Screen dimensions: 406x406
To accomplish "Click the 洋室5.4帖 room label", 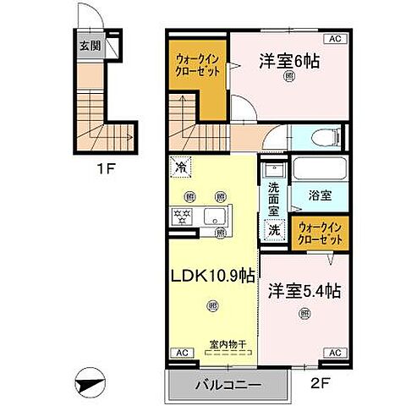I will click(304, 290).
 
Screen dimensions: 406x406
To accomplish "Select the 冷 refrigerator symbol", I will click(181, 167).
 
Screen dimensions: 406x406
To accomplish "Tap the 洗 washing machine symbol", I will click(274, 228).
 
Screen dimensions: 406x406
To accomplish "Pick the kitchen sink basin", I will click(213, 213).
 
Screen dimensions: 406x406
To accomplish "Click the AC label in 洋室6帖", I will click(333, 39).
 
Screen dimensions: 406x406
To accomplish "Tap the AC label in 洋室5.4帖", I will click(333, 352).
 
